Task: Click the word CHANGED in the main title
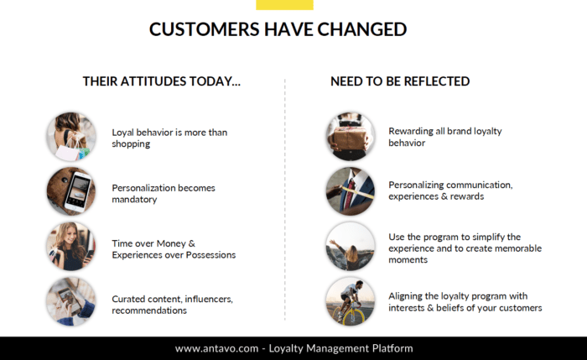click(362, 29)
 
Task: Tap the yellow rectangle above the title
click(284, 5)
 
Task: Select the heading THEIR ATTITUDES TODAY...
click(161, 81)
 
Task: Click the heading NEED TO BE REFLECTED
click(400, 81)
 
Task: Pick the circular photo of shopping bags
click(71, 137)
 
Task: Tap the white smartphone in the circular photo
click(78, 191)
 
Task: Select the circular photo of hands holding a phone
click(71, 301)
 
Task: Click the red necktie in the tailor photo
click(350, 194)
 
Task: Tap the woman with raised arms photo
click(351, 246)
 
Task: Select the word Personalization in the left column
click(143, 188)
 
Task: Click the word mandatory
click(134, 200)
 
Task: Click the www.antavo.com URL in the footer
click(216, 349)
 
